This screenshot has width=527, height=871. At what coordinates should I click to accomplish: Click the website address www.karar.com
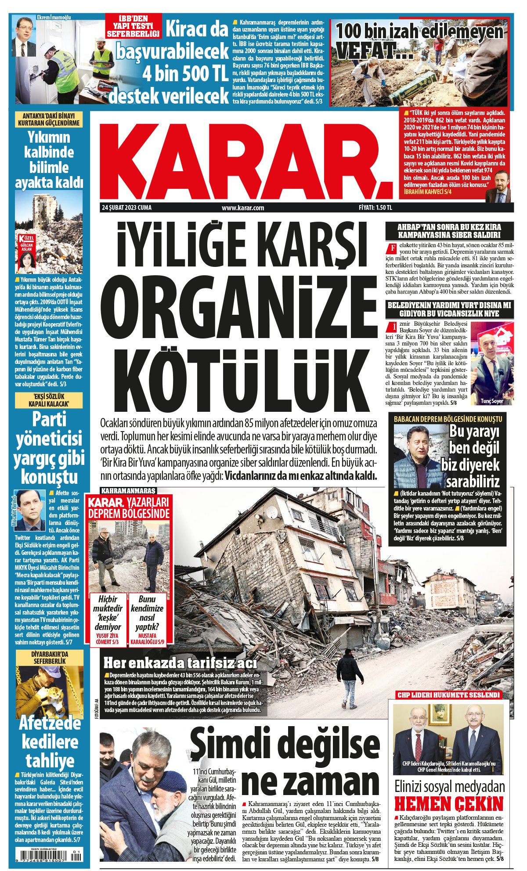[x=243, y=208]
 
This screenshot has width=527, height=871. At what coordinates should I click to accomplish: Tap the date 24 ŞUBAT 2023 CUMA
[x=126, y=208]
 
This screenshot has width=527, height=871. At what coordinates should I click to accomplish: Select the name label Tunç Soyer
[x=491, y=401]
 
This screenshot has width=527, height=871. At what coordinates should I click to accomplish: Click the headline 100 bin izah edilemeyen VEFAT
[x=419, y=40]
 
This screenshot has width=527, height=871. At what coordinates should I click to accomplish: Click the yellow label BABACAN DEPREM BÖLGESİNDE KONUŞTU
[x=448, y=419]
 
